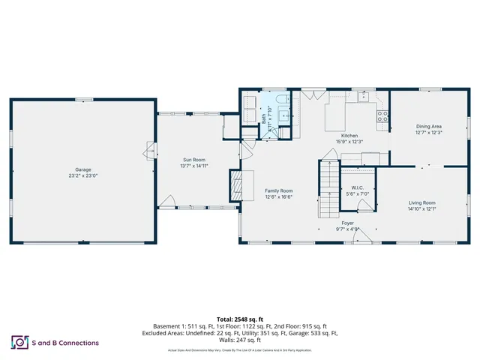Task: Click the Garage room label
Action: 82,169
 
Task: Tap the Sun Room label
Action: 193,160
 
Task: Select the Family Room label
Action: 278,190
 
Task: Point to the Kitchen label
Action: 349,135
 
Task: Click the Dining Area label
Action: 428,127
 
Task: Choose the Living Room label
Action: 421,203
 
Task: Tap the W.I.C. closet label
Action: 357,187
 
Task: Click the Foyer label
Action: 347,223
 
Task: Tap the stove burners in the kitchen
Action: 382,116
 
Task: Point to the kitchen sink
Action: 364,97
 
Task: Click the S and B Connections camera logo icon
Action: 18,342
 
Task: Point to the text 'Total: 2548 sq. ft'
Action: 240,319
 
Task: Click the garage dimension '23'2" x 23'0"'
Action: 82,176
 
